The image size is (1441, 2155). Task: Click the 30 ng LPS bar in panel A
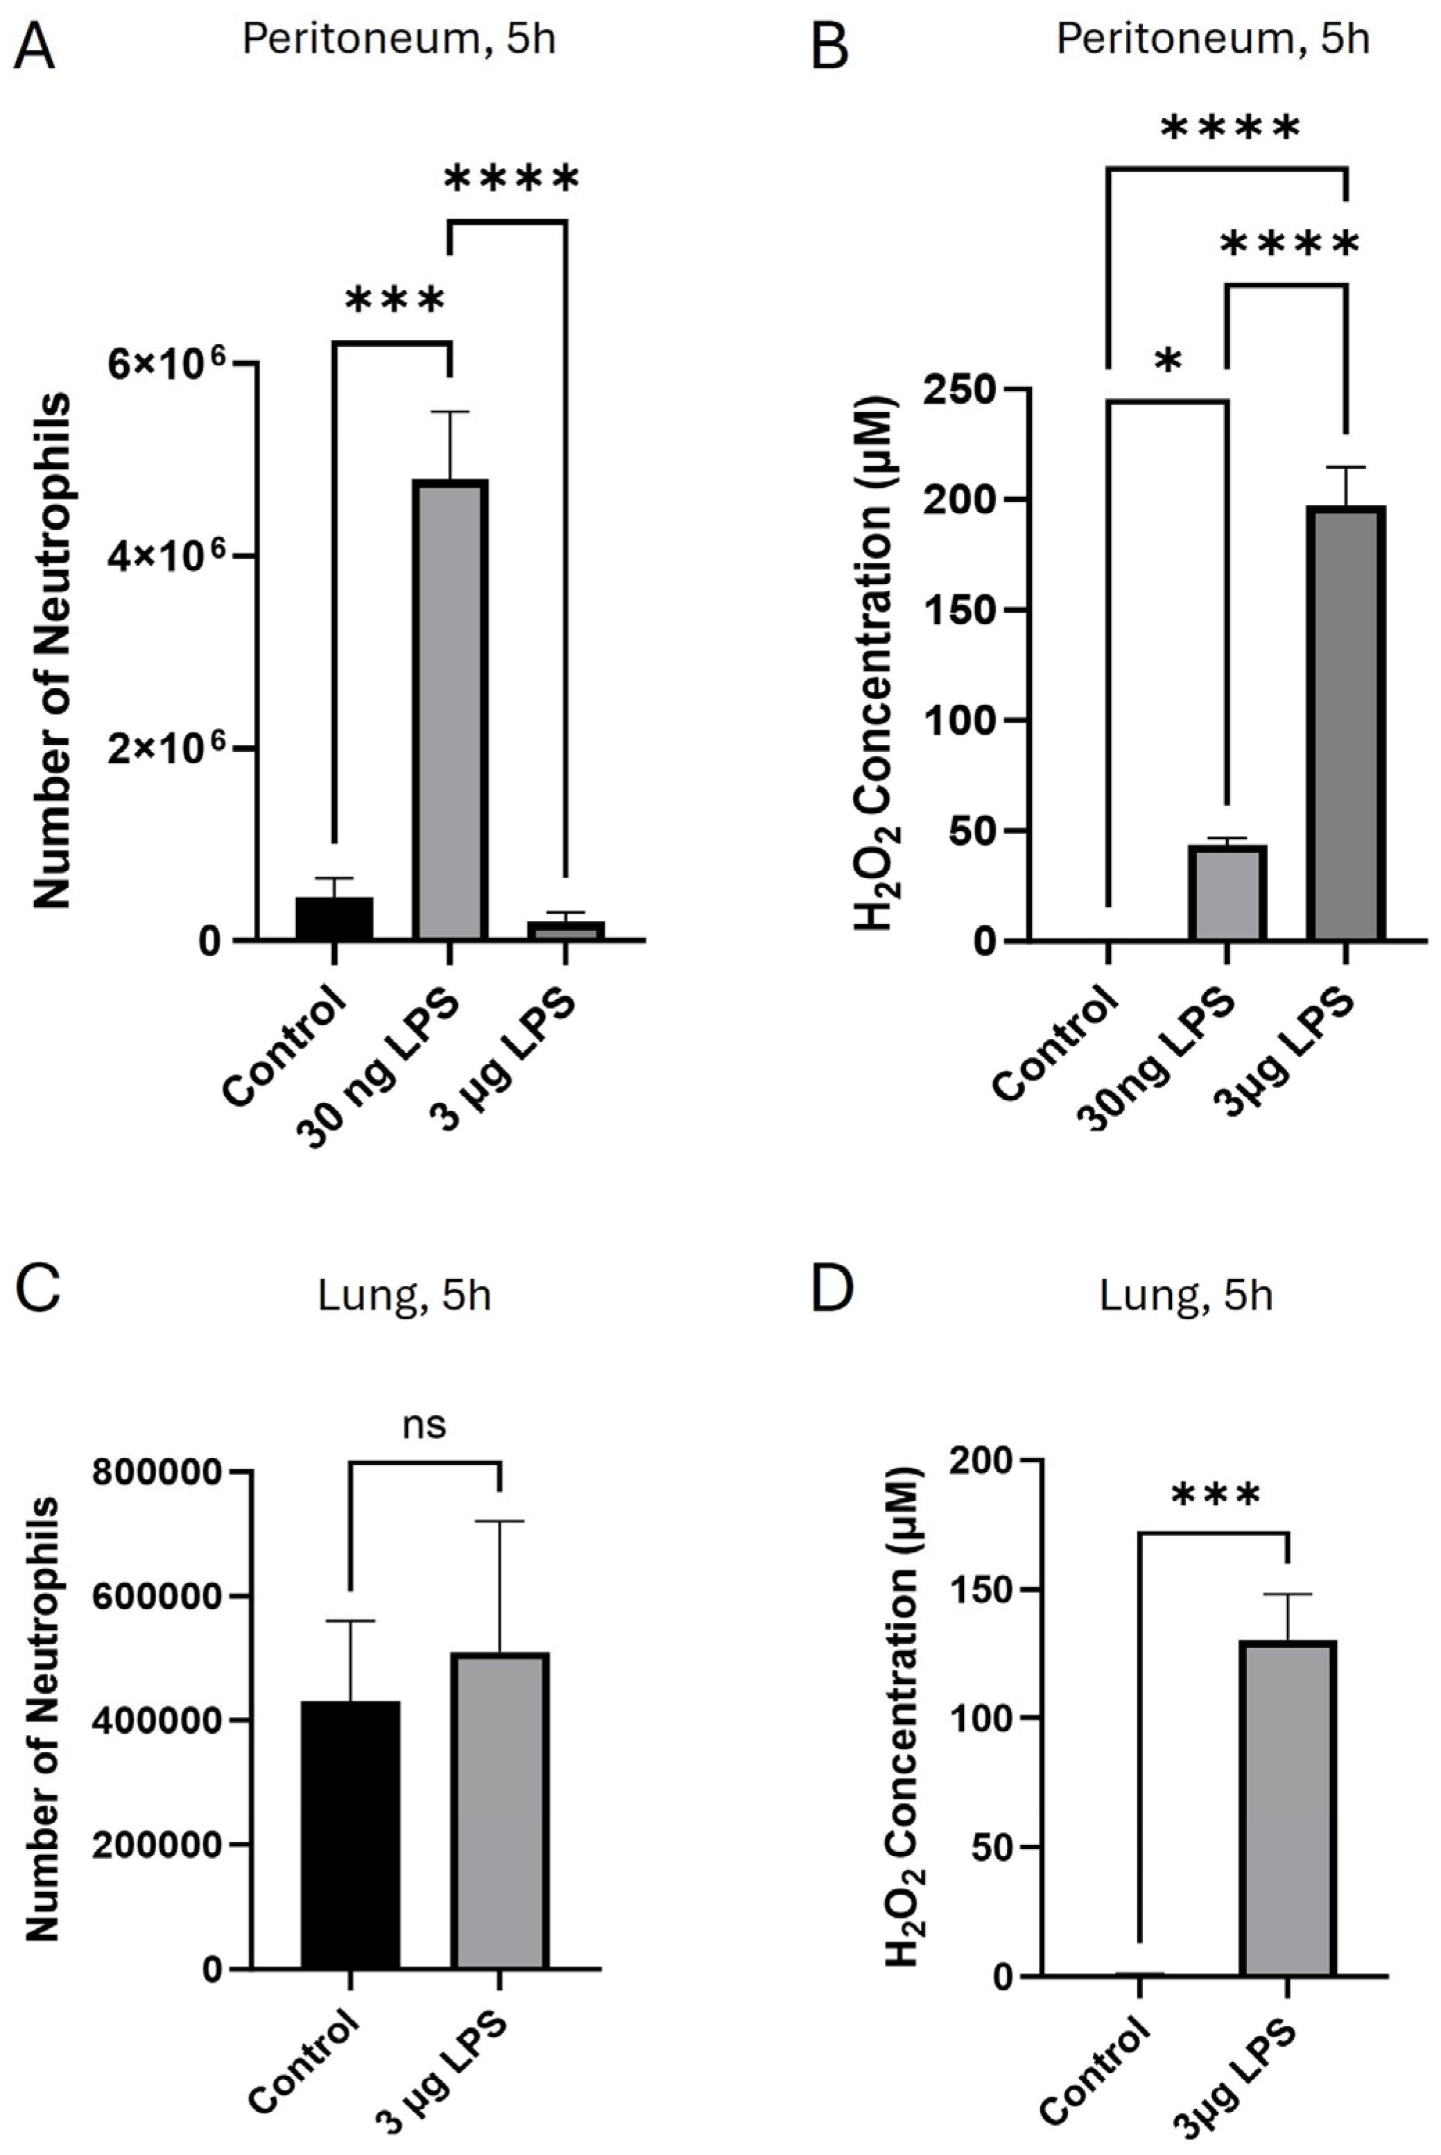click(x=449, y=709)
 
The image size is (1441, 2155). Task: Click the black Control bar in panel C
click(x=350, y=1835)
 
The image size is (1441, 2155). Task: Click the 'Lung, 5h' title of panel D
click(x=1186, y=1296)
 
